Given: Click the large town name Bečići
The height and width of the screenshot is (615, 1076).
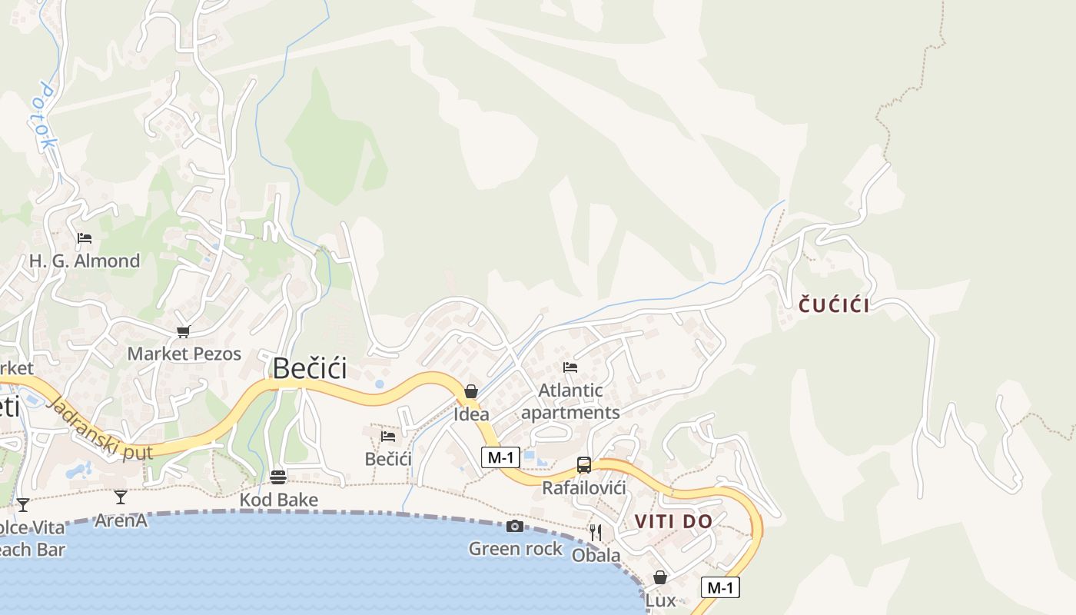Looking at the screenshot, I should (310, 368).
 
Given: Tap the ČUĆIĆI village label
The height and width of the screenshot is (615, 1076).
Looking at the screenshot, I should (834, 305).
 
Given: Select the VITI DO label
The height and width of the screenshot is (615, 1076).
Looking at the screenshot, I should (673, 521).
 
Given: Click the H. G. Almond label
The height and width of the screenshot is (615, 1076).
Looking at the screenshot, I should (85, 261).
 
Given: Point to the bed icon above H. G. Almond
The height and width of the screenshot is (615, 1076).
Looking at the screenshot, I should (85, 238).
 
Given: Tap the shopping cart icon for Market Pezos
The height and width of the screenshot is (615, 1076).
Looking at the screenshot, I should (183, 331).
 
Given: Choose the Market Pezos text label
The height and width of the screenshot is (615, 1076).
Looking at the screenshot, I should (184, 354).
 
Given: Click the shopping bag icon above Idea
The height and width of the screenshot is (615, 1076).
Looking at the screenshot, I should (471, 391).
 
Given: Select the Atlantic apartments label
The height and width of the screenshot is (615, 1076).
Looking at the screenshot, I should (570, 401).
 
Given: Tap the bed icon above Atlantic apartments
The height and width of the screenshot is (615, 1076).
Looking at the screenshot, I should (570, 367).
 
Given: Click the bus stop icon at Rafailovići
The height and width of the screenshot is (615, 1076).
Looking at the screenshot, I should (584, 464).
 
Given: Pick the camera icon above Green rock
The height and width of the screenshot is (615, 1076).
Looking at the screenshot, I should (515, 526).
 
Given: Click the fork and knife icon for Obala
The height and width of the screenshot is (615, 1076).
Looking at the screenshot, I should (596, 532).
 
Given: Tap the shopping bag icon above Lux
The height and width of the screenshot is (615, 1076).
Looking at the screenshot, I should (660, 577).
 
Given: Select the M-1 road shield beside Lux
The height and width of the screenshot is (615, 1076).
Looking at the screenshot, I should (720, 588).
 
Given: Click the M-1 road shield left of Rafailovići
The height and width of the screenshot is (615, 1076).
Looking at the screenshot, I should (501, 457).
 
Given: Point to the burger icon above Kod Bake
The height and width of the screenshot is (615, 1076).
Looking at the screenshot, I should (278, 477).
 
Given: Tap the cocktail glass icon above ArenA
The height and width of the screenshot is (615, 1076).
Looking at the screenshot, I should (121, 497).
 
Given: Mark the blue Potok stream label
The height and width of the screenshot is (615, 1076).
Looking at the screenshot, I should (46, 115).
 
